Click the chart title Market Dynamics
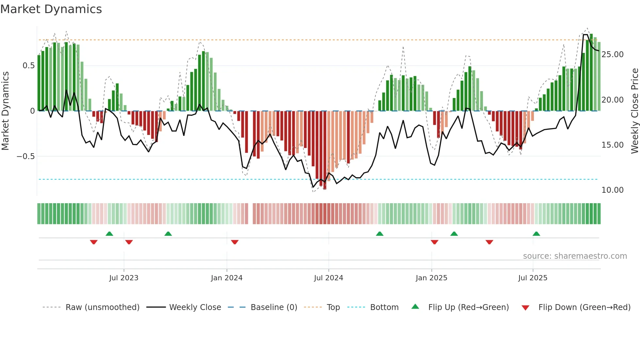51,9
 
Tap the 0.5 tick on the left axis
28,66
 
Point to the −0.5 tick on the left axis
25,156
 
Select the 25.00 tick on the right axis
612,55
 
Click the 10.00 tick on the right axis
612,190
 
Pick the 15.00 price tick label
612,145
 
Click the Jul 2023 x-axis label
124,278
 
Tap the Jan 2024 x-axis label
227,278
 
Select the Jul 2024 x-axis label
328,278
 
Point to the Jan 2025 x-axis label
431,278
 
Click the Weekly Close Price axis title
634,111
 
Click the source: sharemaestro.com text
575,256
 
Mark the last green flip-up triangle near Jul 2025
536,234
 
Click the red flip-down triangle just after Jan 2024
235,242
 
